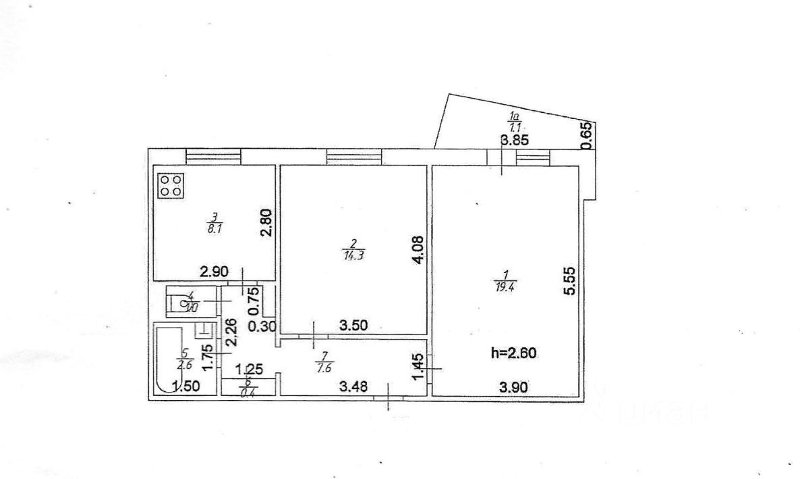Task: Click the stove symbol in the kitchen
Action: [x=171, y=186]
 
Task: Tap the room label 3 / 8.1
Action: [x=215, y=223]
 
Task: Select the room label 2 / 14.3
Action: [x=349, y=249]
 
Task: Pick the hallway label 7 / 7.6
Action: [x=320, y=363]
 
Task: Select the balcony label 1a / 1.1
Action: [x=515, y=122]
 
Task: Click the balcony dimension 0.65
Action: [x=586, y=135]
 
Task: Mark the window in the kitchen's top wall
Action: [x=213, y=156]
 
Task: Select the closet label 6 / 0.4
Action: [x=248, y=385]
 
